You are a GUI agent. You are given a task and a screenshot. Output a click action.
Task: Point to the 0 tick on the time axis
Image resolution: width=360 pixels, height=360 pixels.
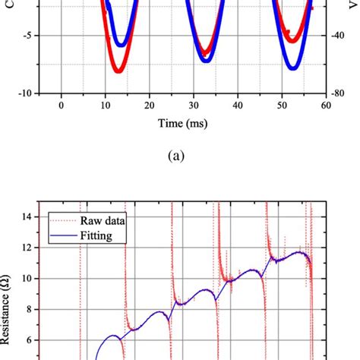click(61, 105)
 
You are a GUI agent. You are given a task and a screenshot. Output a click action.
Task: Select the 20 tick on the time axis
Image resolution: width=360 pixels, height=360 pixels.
click(150, 105)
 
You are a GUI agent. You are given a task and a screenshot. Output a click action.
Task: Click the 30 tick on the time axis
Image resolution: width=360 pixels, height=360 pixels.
click(194, 105)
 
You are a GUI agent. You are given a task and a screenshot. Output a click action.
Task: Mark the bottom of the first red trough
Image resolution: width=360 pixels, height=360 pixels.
click(118, 71)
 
